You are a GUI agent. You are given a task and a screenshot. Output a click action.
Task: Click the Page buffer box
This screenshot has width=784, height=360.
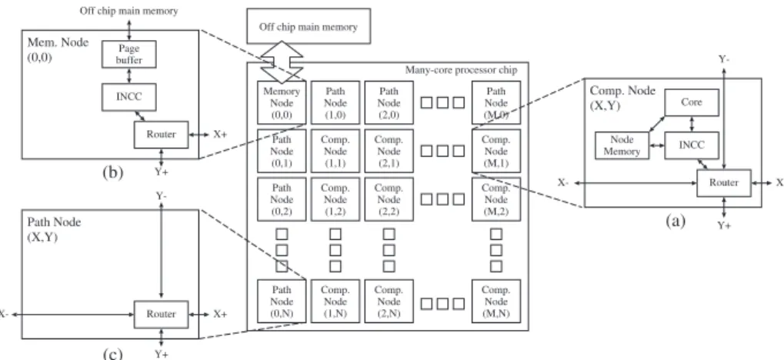pos(129,54)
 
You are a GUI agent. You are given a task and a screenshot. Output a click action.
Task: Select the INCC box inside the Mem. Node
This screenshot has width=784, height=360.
pos(129,97)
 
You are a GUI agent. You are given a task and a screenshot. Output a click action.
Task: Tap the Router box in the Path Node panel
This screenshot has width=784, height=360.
pos(161,314)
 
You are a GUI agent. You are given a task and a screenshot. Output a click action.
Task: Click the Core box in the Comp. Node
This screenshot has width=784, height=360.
pos(692,102)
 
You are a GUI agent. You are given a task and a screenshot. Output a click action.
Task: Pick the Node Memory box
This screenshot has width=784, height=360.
pos(622,145)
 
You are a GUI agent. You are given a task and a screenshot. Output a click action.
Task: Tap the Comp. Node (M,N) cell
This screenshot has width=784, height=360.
pos(496,302)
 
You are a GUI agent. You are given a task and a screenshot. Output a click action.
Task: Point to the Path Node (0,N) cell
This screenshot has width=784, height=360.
pos(282,302)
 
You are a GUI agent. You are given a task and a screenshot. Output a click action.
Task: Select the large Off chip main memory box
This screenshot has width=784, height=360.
pos(309,26)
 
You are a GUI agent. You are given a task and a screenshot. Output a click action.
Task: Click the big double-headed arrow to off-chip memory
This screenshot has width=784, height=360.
pos(282,62)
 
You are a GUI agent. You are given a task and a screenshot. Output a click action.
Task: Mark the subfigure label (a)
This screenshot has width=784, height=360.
pos(675,220)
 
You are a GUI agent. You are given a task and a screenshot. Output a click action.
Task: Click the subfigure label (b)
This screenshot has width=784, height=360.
pos(112,172)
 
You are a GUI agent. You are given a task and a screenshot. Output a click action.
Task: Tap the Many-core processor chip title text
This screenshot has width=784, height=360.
pos(461,69)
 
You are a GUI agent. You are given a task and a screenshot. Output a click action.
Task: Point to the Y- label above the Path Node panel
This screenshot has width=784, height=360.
pos(161,196)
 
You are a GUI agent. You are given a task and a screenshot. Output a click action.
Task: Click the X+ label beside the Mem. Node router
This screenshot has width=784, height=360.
pos(221,135)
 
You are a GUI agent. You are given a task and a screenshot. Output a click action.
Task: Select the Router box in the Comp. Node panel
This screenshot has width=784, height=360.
pos(724,183)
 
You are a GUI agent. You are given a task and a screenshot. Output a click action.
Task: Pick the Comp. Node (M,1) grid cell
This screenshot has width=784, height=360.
pos(496,151)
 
